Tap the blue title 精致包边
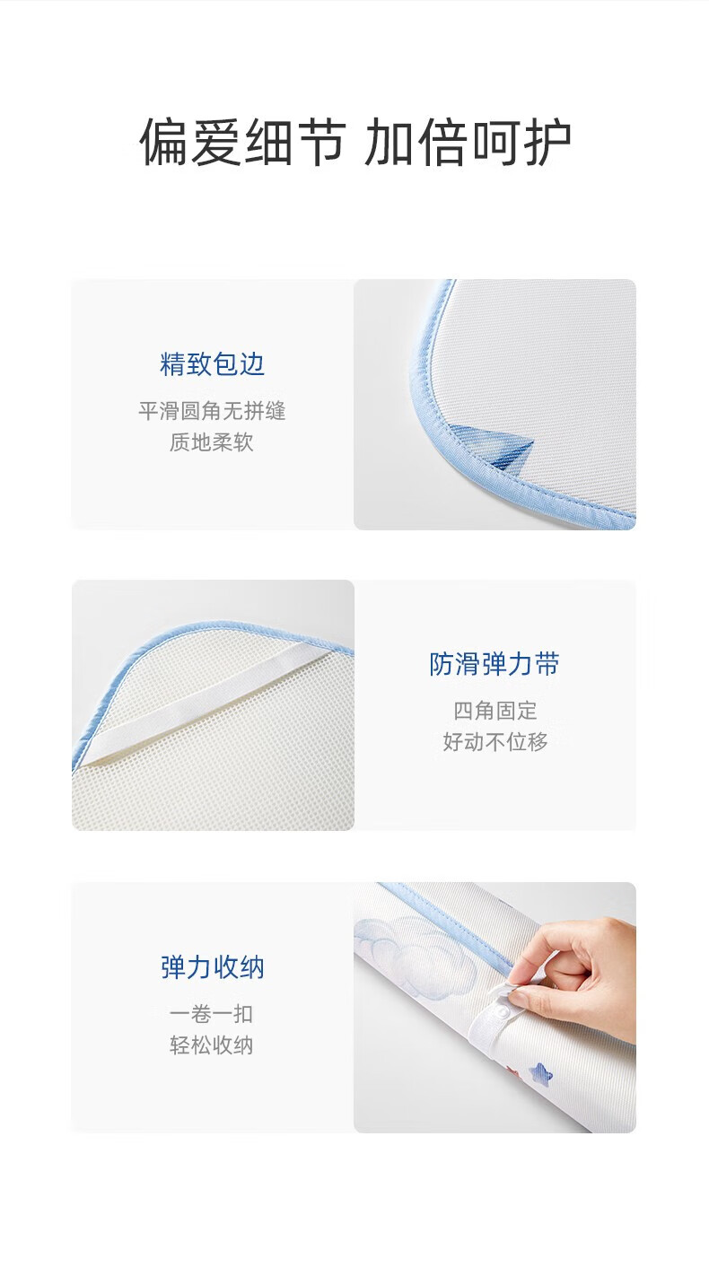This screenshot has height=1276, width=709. coord(212,364)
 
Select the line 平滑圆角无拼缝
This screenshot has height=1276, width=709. coord(212,411)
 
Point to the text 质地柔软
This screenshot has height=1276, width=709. coord(212,442)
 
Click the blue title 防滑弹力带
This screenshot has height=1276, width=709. coord(495,664)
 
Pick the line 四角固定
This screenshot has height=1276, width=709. coord(495,711)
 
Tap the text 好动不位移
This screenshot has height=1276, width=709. coord(495,742)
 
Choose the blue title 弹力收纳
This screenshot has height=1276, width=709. coord(212,967)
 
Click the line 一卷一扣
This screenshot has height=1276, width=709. coord(212,1014)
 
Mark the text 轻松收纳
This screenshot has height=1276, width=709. coord(212,1045)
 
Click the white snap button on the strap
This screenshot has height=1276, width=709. coord(503,1011)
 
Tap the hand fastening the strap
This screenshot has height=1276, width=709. coord(570,968)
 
